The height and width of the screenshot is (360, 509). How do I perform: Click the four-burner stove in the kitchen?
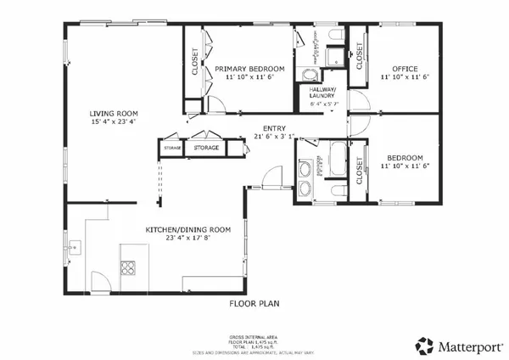pyautogui.click(x=128, y=269)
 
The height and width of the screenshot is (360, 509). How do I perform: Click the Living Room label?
pyautogui.click(x=115, y=113)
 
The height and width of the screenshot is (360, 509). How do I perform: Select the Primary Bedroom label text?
pyautogui.click(x=249, y=68)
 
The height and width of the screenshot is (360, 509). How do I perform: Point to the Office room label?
pyautogui.click(x=403, y=68)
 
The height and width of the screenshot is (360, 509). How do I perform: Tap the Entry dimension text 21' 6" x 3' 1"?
pyautogui.click(x=279, y=136)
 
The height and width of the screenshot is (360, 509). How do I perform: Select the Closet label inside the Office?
pyautogui.click(x=360, y=56)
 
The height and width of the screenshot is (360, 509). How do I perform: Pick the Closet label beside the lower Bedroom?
pyautogui.click(x=360, y=171)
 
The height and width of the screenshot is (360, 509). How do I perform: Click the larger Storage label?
pyautogui.click(x=206, y=148)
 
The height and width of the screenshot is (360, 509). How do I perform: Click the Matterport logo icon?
pyautogui.click(x=424, y=346)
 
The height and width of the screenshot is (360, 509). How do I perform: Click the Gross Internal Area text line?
pyautogui.click(x=255, y=336)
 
